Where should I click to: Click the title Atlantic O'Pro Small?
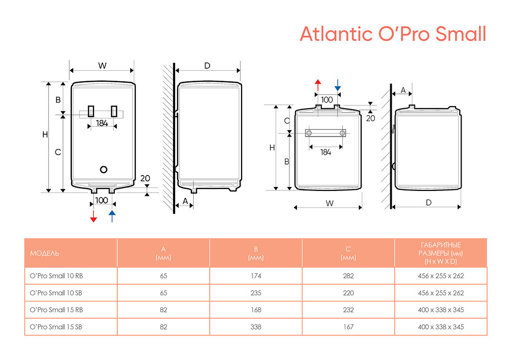[x=393, y=34]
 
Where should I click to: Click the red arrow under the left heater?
[x=93, y=216]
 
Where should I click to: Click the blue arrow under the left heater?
[x=112, y=216]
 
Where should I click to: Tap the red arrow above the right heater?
[x=318, y=85]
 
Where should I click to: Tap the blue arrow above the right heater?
[x=338, y=85]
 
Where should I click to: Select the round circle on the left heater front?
[x=104, y=169]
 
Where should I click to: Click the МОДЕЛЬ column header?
[x=44, y=253]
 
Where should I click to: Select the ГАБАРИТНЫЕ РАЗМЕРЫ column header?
[x=441, y=253]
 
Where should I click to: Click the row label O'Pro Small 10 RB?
[x=56, y=276]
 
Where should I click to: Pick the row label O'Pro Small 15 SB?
[x=56, y=327]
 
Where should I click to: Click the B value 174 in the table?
[x=256, y=276]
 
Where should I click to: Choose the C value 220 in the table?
[x=348, y=293]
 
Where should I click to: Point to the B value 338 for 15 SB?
[x=256, y=327]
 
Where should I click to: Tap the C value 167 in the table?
[x=348, y=327]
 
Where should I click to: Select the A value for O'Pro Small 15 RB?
[x=164, y=310]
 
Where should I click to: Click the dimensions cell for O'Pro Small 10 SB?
[x=441, y=293]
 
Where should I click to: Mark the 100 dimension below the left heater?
[x=102, y=200]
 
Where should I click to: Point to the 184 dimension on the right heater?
[x=325, y=153]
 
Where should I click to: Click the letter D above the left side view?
[x=208, y=66]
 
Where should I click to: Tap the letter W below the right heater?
[x=329, y=203]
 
